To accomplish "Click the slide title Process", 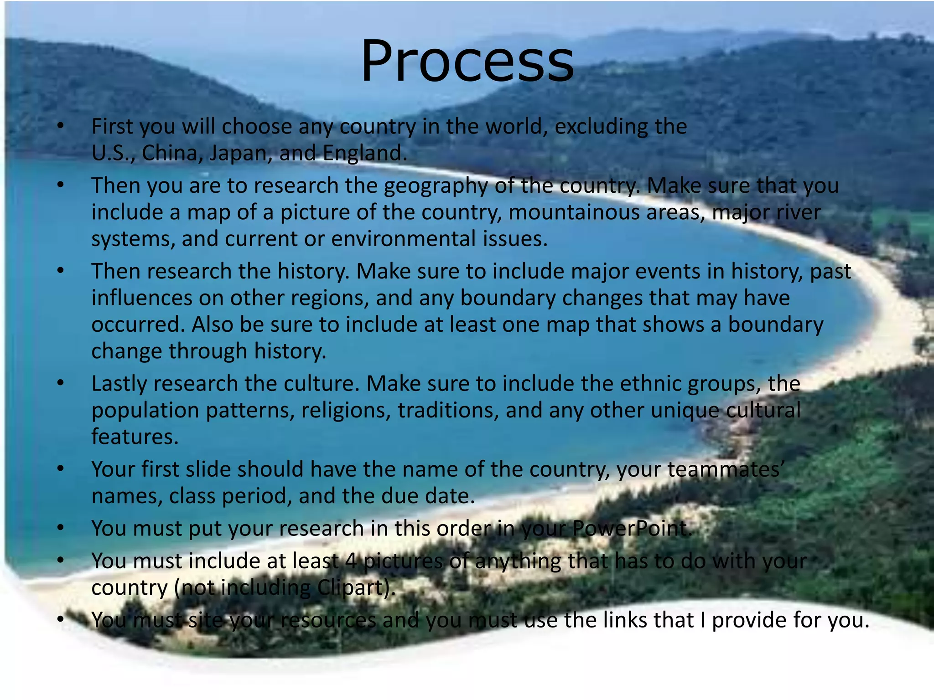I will [x=467, y=62].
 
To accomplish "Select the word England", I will [x=364, y=153].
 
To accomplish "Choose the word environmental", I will [x=403, y=239].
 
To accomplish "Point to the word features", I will [x=135, y=437].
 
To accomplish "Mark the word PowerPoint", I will [x=632, y=529].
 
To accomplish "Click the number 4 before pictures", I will [x=350, y=561].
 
